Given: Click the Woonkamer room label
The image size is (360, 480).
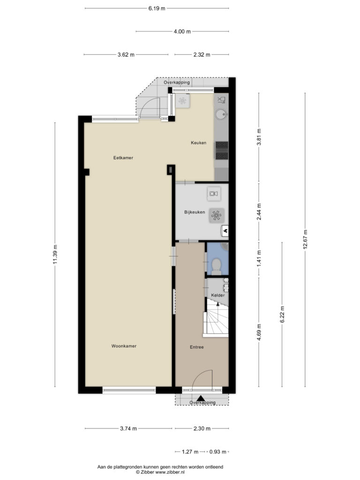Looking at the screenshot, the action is point(124,346).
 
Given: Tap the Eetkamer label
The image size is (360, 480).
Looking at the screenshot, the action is point(123,157).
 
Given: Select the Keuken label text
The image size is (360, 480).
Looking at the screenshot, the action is point(198,142).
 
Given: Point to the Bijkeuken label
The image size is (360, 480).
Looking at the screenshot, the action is point(195,212).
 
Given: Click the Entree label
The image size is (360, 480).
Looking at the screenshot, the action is point(196,347).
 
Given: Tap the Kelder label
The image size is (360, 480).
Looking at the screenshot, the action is point(217,295).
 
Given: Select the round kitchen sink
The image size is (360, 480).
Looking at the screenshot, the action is point(221,115).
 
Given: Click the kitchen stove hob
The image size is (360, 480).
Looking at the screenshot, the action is point(222,150).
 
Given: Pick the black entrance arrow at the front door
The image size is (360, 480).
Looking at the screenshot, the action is point(201,398).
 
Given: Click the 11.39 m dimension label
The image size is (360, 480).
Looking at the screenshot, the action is point(55,254).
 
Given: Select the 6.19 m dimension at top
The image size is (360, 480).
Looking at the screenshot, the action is point(157,8).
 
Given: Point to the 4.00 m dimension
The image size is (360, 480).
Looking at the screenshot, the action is point(182,31).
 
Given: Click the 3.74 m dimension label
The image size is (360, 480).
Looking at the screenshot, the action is point(128,428).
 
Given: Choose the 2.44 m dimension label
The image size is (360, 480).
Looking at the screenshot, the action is point(259,211).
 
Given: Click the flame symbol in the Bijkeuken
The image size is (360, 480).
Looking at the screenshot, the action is point(225,231).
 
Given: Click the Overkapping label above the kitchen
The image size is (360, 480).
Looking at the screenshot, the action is point(177,82).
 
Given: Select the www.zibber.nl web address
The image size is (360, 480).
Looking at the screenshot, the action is point(170,472).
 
